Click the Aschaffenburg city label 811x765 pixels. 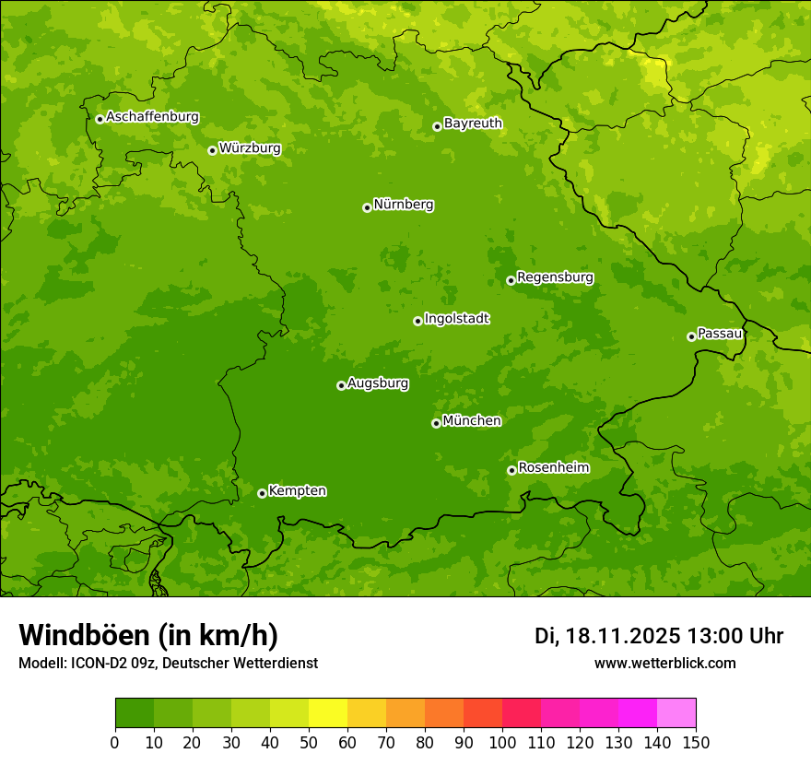click(152, 117)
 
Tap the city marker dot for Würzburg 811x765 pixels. click(212, 150)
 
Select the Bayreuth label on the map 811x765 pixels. click(473, 124)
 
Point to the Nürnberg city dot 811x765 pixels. click(367, 207)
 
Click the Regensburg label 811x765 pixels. click(555, 277)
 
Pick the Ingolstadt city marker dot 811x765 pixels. click(417, 321)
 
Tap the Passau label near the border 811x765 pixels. click(720, 334)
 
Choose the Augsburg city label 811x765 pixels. click(378, 383)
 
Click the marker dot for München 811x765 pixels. click(436, 423)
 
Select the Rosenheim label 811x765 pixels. click(553, 468)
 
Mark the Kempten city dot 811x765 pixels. click(262, 493)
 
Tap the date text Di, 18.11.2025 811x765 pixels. click(607, 636)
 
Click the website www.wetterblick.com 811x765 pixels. click(664, 664)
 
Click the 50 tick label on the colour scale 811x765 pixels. click(309, 742)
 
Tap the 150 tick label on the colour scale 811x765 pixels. click(696, 742)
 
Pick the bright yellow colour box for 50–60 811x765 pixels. click(328, 713)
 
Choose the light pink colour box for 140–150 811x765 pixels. click(676, 713)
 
